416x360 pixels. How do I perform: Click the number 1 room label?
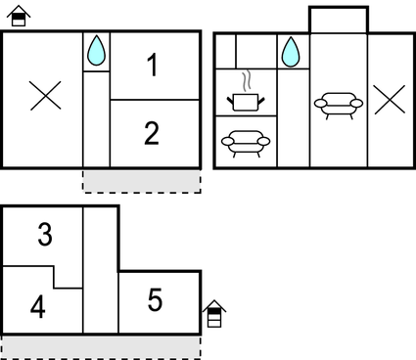(152, 66)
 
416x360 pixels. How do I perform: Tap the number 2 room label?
(152, 133)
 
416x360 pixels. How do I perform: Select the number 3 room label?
(45, 235)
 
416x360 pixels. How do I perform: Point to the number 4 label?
(38, 307)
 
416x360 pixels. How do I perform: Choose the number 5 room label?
(155, 300)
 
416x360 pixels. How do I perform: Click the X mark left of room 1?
(44, 95)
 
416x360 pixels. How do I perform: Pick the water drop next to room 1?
(96, 52)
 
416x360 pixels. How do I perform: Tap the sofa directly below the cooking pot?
(244, 143)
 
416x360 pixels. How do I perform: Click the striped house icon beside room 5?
(214, 313)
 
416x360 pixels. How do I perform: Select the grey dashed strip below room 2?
(141, 180)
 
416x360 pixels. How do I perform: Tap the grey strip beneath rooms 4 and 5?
(100, 345)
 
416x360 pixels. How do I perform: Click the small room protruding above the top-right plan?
(339, 20)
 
